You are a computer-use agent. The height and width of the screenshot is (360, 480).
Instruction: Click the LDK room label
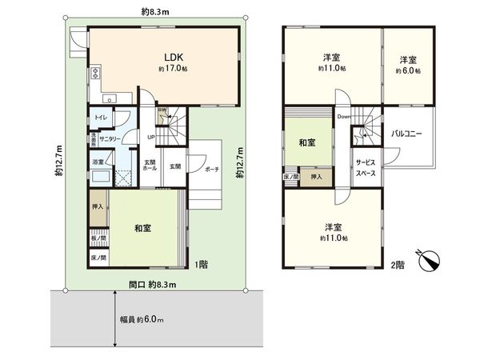point(175,57)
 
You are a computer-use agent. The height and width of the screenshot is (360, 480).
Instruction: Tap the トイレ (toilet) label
point(101,118)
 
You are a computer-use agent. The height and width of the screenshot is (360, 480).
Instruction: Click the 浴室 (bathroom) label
point(98,162)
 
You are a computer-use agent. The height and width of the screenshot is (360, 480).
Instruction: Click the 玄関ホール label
point(150,167)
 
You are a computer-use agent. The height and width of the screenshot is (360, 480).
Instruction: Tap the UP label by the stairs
point(151,137)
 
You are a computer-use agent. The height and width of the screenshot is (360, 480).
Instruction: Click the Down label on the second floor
point(344,117)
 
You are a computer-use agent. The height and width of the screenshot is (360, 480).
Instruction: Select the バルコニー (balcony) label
point(407,134)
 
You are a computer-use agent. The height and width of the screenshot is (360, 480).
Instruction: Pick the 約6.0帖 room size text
point(408,70)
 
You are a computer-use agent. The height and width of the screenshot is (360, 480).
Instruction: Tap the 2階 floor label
point(397,264)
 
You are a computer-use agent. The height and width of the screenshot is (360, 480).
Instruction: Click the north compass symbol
point(430,260)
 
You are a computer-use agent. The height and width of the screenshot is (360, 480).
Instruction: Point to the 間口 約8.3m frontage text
point(153,284)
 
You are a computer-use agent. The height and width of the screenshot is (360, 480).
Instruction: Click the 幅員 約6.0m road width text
point(142,321)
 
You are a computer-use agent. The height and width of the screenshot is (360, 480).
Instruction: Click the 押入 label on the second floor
point(316,177)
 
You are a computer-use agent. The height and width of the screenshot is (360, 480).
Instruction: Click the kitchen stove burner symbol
point(97,74)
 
